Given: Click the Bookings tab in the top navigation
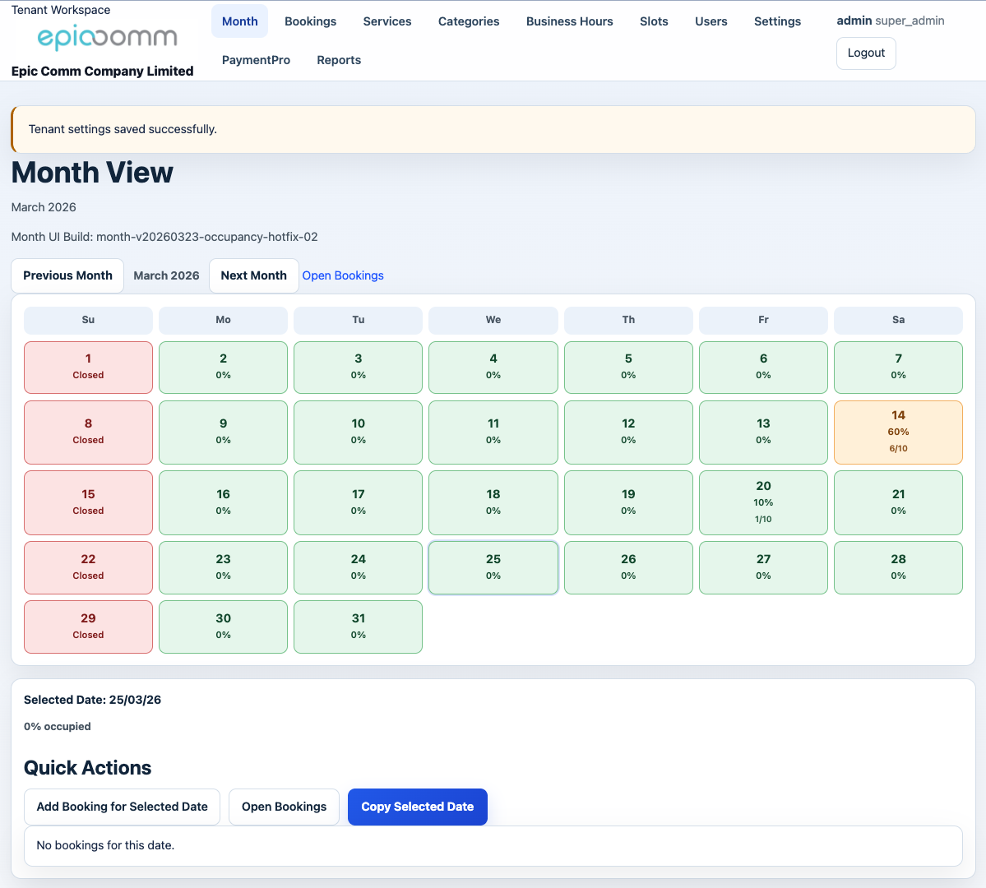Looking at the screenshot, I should (310, 21).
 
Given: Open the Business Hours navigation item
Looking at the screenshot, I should (569, 21).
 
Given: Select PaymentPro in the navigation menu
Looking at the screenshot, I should (256, 60).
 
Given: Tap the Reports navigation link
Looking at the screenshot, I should (339, 60).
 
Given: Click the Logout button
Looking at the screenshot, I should (866, 53).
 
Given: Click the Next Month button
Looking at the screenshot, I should (253, 275).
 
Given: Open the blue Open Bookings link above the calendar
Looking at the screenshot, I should (343, 275).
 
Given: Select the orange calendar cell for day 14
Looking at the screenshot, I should (898, 432).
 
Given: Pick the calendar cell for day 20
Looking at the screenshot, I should (763, 502).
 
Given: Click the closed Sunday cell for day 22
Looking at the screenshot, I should (88, 567).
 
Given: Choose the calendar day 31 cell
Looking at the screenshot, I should (358, 627).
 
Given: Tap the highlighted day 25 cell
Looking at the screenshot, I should (493, 567).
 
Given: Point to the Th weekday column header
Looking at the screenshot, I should (628, 320).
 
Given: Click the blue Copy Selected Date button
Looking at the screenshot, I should (417, 807).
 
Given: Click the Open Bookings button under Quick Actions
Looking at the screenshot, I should (284, 807).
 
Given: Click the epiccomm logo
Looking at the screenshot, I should (107, 38).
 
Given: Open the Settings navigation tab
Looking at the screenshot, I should (777, 21).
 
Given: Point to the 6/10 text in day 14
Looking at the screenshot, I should (898, 449).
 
